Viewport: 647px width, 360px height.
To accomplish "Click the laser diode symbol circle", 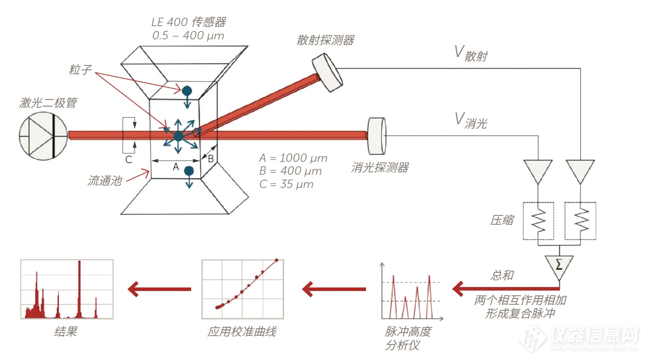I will [x=43, y=136].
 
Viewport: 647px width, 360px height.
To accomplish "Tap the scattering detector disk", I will [x=327, y=73].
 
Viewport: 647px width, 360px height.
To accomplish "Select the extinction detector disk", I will [x=377, y=136].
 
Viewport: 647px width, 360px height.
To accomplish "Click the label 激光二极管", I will [x=48, y=103].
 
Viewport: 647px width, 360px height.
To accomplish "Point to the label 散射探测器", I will [x=325, y=40].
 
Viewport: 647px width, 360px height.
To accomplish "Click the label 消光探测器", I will [x=380, y=168].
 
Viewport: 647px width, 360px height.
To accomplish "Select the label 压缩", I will [x=502, y=220].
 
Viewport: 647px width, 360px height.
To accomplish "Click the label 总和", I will [x=502, y=276].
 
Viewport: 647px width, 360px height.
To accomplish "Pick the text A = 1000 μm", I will [x=293, y=158].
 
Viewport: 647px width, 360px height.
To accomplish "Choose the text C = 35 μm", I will [x=286, y=184].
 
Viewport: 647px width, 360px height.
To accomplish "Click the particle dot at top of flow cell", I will [x=187, y=91].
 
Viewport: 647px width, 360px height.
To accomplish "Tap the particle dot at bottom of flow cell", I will [x=189, y=171].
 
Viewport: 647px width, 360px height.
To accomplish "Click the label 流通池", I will [x=104, y=181].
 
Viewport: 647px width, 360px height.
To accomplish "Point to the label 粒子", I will [x=80, y=70].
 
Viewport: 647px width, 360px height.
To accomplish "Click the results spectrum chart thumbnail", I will [x=67, y=289].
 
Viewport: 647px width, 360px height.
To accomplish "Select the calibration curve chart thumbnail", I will [x=243, y=289].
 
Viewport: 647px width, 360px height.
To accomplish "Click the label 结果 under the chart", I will [x=65, y=332].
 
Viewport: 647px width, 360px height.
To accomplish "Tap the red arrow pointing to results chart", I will [x=159, y=289].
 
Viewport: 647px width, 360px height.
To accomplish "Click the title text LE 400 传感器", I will [x=189, y=22].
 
